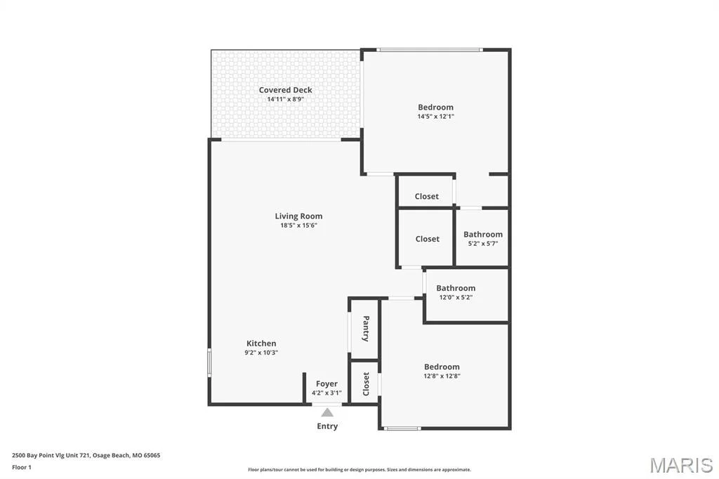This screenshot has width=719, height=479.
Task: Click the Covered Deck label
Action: pyautogui.click(x=285, y=90)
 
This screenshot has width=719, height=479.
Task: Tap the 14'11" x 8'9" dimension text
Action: pyautogui.click(x=285, y=99)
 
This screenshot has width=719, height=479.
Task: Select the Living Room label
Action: pyautogui.click(x=298, y=216)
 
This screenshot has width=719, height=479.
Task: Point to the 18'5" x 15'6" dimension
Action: pyautogui.click(x=298, y=225)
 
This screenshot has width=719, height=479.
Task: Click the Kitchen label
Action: pyautogui.click(x=261, y=343)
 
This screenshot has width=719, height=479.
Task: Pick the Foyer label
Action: pyautogui.click(x=326, y=383)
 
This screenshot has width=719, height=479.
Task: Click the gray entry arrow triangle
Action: pyautogui.click(x=327, y=412)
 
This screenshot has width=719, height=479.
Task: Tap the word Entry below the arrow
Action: pyautogui.click(x=327, y=426)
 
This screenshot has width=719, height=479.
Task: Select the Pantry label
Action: pyautogui.click(x=366, y=329)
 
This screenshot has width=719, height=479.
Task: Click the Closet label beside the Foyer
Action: pyautogui.click(x=366, y=384)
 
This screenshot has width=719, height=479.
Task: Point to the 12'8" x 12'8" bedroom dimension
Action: pyautogui.click(x=442, y=376)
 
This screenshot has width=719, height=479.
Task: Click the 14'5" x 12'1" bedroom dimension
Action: pyautogui.click(x=435, y=117)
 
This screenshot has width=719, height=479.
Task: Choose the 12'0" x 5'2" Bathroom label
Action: pyautogui.click(x=456, y=288)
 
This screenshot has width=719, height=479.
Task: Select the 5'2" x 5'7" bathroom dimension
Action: pyautogui.click(x=483, y=244)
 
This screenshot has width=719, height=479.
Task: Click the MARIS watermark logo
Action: pyautogui.click(x=682, y=465)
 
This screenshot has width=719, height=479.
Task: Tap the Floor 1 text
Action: pyautogui.click(x=22, y=468)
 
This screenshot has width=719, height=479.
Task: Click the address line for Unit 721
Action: pyautogui.click(x=86, y=456)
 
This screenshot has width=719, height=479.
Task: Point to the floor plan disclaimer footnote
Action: pyautogui.click(x=359, y=470)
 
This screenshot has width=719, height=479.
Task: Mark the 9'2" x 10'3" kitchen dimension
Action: pyautogui.click(x=261, y=353)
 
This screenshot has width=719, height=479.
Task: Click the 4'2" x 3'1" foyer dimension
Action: pyautogui.click(x=326, y=393)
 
